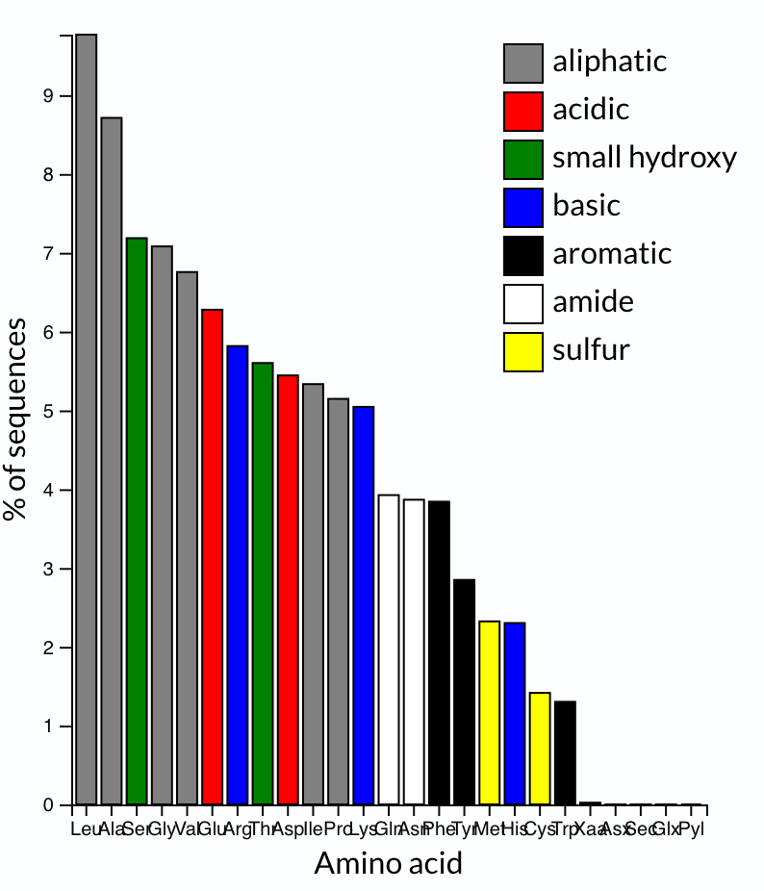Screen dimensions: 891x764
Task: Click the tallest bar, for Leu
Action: pyautogui.click(x=87, y=419)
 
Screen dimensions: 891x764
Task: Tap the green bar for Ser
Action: pyautogui.click(x=137, y=521)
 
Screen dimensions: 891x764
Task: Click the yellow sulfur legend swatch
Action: pyautogui.click(x=523, y=351)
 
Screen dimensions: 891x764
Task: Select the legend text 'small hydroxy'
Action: pyautogui.click(x=644, y=157)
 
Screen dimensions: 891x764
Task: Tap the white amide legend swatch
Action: pyautogui.click(x=523, y=303)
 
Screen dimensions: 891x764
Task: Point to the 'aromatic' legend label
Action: pyautogui.click(x=612, y=253)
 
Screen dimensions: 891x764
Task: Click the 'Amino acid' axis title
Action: pyautogui.click(x=388, y=863)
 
